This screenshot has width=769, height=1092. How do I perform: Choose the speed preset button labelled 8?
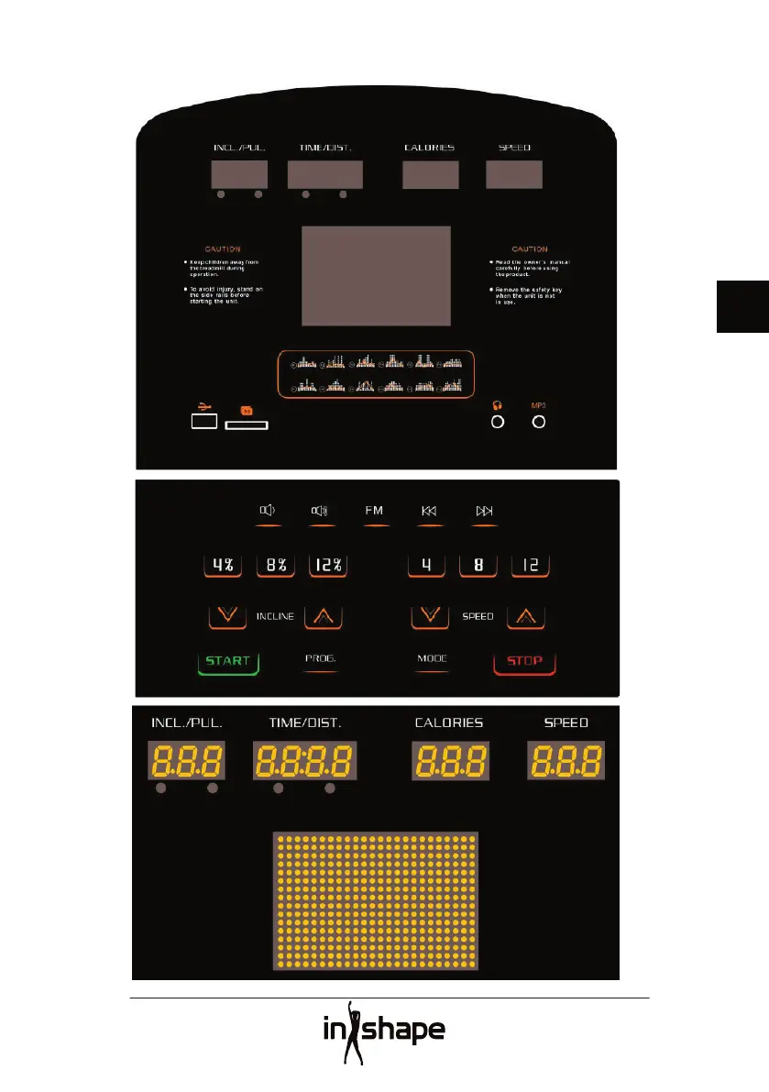478,566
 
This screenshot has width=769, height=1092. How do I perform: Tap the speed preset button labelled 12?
531,566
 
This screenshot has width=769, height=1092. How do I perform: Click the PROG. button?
320,660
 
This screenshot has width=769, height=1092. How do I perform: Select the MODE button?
432,660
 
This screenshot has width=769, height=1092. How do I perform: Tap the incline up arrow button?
324,616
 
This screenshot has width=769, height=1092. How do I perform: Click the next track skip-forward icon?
485,512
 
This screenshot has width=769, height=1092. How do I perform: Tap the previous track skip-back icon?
429,512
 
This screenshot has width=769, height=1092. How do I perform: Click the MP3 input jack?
539,422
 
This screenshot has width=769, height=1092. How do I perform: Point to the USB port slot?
204,421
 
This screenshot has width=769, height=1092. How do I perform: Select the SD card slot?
246,425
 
